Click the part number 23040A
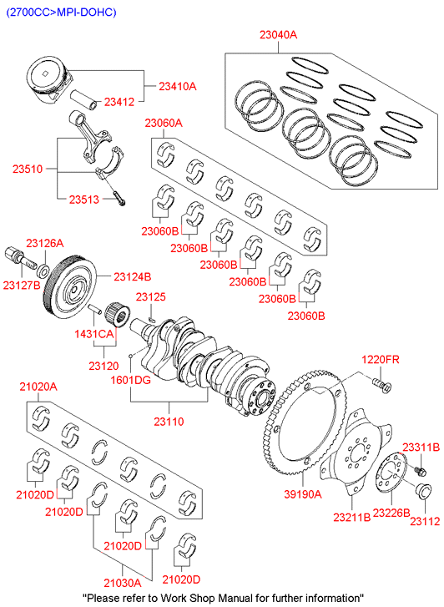pos(278,35)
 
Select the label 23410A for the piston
pos(178,86)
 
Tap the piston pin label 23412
pos(119,102)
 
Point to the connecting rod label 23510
pos(28,169)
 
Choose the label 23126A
pos(45,244)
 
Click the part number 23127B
pos(22,286)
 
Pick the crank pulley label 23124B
pos(133,277)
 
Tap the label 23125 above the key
pos(150,297)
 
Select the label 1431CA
pos(94,334)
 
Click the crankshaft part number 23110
pos(169,421)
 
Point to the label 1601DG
pos(131,380)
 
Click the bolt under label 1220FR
pos(382,385)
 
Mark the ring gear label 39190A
pos(303,494)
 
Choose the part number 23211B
pos(352,517)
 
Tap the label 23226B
pos(391,513)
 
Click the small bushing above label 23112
pos(422,490)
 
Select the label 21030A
pos(123,583)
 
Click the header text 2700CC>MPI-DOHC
pos(61,12)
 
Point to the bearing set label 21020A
pos(38,387)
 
